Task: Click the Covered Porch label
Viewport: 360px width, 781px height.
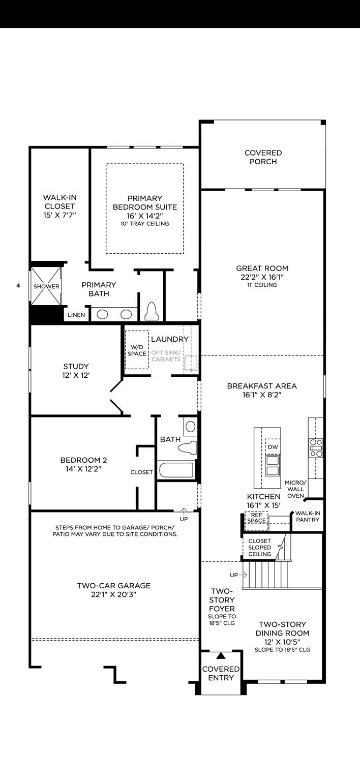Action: coord(263,157)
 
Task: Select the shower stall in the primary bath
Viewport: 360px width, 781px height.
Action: coord(46,286)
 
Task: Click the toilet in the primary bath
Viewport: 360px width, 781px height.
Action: coord(152,312)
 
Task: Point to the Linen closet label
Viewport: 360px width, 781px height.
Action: coord(76,315)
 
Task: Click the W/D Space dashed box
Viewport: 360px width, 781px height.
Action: coord(137,350)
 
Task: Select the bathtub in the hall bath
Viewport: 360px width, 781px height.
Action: coord(176,469)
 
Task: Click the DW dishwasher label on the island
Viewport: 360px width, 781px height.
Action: coord(273,446)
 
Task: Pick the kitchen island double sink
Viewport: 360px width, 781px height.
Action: coord(273,465)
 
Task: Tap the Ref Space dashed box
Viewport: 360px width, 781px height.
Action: coord(257,518)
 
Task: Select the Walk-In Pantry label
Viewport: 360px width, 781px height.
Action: coord(307,517)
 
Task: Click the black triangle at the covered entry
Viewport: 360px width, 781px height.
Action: coord(221,656)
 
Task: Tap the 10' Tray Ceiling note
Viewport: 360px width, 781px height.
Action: coord(145,224)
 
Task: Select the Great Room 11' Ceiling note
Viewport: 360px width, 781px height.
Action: coord(262,285)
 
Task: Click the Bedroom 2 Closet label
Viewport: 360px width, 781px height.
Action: coord(141,472)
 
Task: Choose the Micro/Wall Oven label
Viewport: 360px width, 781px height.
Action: coord(295,489)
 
